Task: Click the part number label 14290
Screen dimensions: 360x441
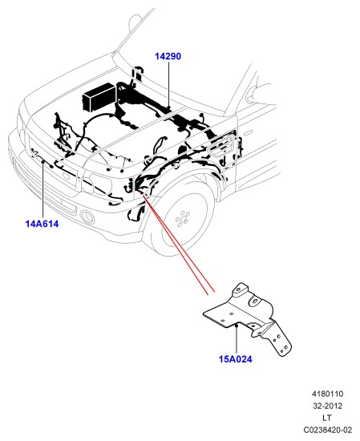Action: [168, 56]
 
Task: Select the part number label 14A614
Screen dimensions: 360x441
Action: [42, 224]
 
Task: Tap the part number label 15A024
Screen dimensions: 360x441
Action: [236, 359]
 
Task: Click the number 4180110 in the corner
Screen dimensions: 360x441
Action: [327, 394]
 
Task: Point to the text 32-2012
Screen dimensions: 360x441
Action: [328, 406]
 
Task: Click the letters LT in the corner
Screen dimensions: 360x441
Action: [327, 418]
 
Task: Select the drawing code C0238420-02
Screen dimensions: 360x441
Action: [328, 430]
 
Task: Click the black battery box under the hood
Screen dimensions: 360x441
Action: [99, 97]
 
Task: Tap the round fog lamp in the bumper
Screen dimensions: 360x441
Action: [87, 217]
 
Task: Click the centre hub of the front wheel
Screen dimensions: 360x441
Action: [182, 219]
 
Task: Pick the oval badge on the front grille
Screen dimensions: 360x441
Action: [67, 176]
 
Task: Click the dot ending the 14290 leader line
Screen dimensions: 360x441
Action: [168, 107]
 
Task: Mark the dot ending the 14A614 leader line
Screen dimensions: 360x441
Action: [43, 161]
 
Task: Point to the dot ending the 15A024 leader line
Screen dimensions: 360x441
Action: [237, 325]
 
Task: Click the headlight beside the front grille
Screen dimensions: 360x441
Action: [96, 184]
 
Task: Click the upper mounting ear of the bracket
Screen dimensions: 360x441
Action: [240, 289]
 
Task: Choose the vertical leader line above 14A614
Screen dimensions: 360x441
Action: [43, 190]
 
